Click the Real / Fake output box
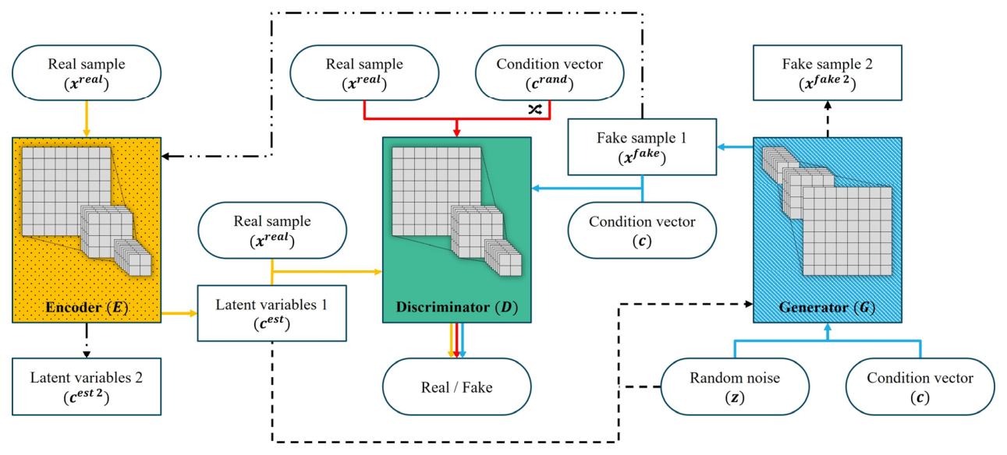tap(456, 386)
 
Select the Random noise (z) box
tap(735, 386)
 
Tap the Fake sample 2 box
tap(827, 73)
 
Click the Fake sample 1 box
tap(641, 146)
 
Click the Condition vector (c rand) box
tap(549, 73)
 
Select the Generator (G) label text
tap(827, 307)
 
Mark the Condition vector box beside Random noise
tap(920, 386)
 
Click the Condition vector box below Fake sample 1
tap(641, 231)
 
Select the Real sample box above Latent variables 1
tap(271, 231)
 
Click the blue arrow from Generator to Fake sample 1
tap(735, 146)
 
